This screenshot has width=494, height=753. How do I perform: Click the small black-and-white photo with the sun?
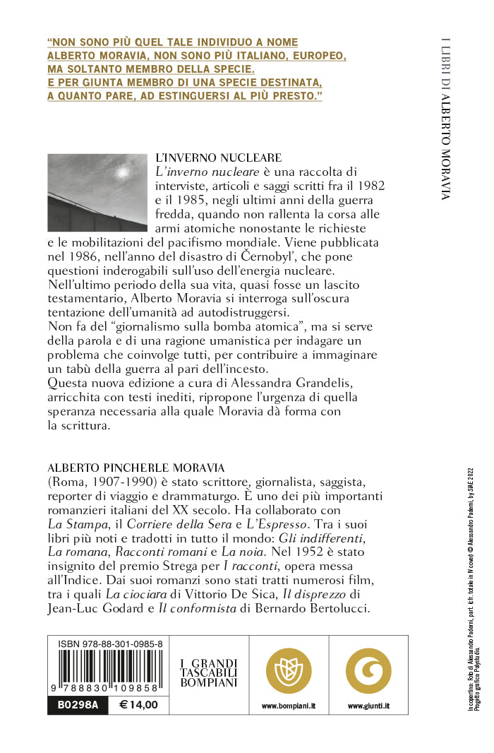(97, 192)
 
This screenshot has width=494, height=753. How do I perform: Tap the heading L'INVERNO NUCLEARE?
(218, 158)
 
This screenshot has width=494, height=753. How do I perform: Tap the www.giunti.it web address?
(368, 705)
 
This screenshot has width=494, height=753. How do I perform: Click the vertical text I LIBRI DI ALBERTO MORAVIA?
(445, 117)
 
